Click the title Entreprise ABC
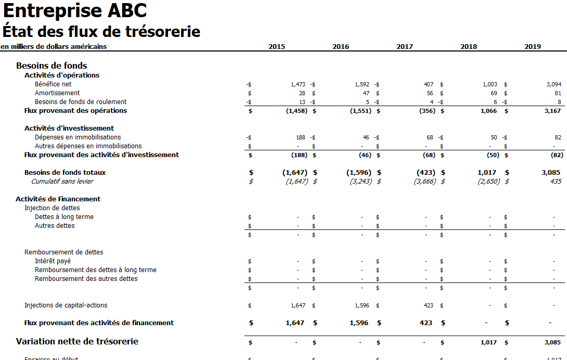point(75,10)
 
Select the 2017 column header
point(404,47)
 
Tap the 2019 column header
point(532,47)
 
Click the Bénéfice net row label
point(53,84)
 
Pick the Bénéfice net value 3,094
point(554,84)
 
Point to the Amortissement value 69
point(494,93)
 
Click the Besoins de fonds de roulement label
point(81,102)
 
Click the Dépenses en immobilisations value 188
point(301,137)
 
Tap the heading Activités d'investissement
point(69,128)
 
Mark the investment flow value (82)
point(556,155)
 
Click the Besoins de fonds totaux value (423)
point(426,173)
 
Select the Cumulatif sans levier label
point(62,182)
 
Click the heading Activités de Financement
point(58,199)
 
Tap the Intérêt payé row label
point(53,261)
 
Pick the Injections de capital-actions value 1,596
point(361,306)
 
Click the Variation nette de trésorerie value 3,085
point(552,343)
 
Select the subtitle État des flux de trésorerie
point(101,32)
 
